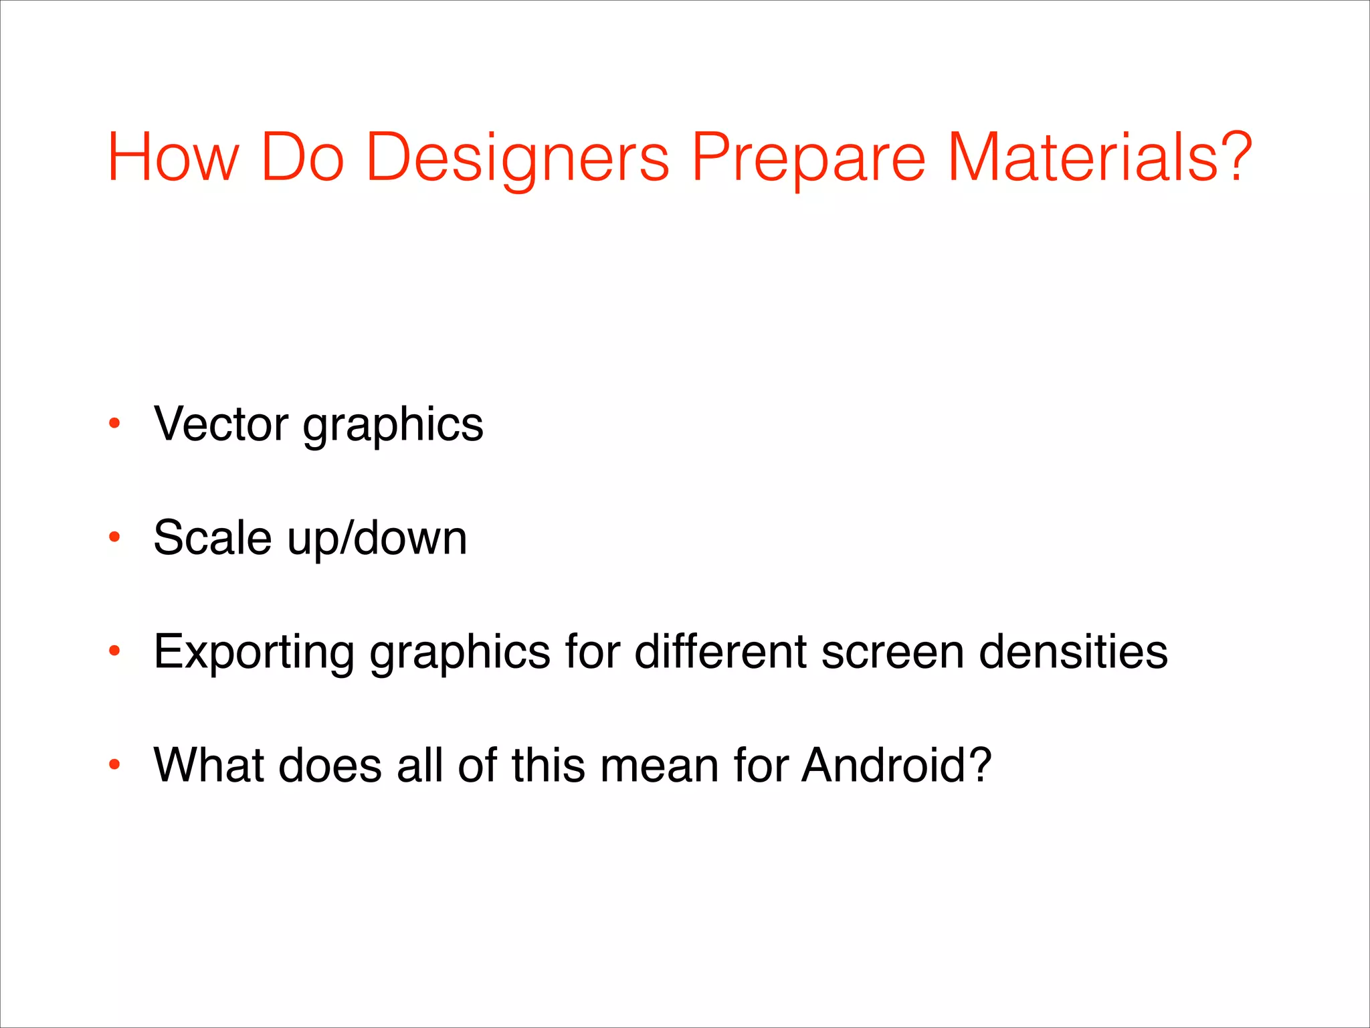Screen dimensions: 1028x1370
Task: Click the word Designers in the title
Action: [x=517, y=157]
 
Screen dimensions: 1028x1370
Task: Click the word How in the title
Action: [x=173, y=157]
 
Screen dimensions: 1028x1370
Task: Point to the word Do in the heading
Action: [x=302, y=157]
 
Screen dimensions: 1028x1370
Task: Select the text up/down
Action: [x=377, y=539]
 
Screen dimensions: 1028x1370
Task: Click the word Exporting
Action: [x=254, y=653]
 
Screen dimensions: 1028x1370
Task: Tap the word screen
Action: [x=892, y=653]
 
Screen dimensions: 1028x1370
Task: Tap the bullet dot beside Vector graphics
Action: [x=114, y=424]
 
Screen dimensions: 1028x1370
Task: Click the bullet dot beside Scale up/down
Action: [x=114, y=537]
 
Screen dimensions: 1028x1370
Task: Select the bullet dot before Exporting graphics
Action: [x=114, y=651]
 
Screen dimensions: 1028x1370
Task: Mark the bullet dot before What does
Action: [x=114, y=764]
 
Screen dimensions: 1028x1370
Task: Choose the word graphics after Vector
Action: [x=393, y=426]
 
